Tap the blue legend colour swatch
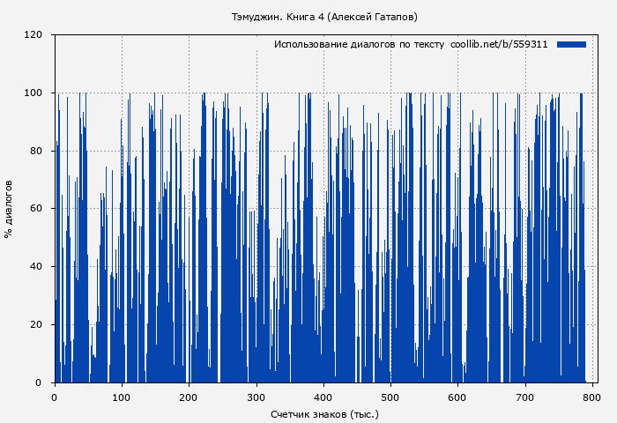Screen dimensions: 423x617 tap(571, 44)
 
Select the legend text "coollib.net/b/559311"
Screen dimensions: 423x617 tap(499, 44)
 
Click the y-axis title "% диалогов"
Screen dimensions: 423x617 tap(9, 209)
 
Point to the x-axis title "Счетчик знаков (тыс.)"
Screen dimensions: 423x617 tap(324, 413)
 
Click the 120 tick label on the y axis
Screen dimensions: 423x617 tap(33, 35)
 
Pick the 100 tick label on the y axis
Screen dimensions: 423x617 tap(33, 93)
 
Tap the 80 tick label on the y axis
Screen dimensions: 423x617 tap(36, 151)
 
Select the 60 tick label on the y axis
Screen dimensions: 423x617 tap(36, 209)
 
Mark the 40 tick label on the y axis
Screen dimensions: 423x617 tap(36, 267)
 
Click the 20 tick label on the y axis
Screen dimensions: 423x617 tap(36, 324)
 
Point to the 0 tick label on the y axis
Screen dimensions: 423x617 tap(39, 382)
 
